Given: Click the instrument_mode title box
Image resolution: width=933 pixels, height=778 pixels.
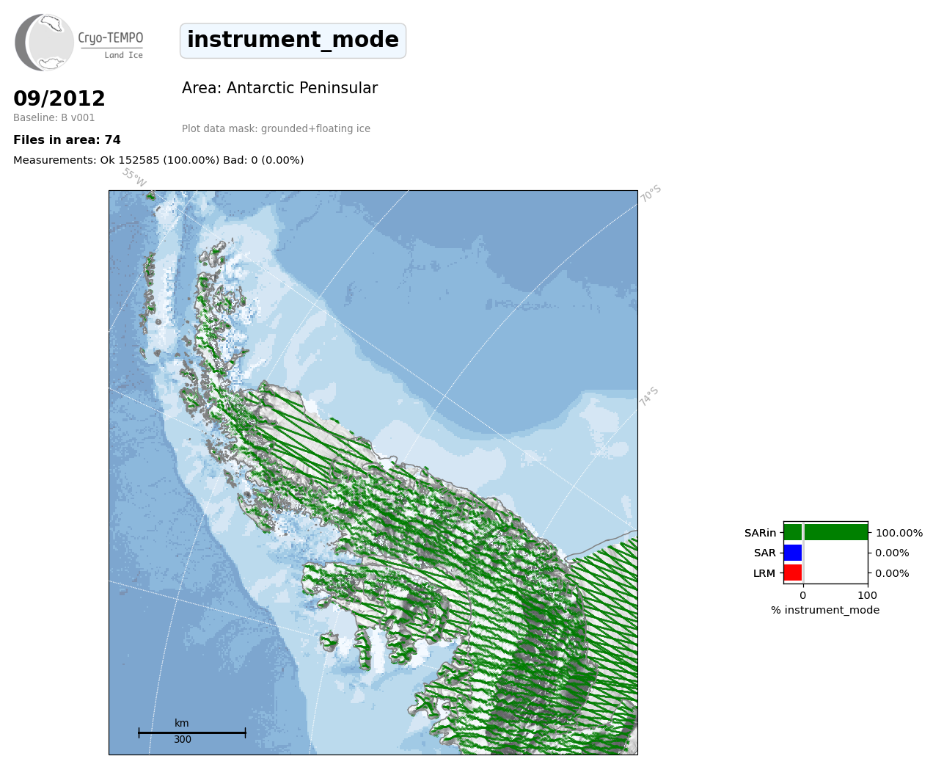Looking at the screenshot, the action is [x=293, y=40].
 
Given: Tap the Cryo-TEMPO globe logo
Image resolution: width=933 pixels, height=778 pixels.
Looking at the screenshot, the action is [x=44, y=42].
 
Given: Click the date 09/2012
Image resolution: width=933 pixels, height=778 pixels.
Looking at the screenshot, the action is [x=59, y=98].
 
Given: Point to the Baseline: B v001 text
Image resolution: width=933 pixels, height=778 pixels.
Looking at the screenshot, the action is [x=54, y=117].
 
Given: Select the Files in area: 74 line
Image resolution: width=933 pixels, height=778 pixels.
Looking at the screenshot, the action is [x=67, y=140].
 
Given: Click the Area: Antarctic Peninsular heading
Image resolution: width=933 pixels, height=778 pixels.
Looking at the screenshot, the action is [x=279, y=88].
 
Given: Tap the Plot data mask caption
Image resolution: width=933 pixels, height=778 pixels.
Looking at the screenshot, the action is [x=276, y=128].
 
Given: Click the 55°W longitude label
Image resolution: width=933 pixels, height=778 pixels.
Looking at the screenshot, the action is [x=134, y=178].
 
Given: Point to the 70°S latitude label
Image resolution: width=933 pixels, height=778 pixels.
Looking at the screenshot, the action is [x=651, y=194].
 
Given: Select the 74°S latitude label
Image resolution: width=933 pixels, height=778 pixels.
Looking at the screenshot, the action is [x=649, y=396].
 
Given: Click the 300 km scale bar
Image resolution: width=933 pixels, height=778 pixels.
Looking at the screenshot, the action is [x=192, y=732].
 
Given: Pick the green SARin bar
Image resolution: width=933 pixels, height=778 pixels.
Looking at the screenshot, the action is [x=826, y=533].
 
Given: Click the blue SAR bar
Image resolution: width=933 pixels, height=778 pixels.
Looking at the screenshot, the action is [x=793, y=553].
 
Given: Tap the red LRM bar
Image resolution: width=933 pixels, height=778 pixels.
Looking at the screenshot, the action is [x=793, y=572].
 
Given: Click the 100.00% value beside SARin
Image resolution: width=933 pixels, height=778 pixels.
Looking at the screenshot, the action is [x=899, y=533].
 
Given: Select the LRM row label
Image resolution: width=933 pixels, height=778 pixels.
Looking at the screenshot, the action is [x=764, y=573].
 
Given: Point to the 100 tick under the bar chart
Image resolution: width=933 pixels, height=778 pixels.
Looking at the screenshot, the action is [x=867, y=595].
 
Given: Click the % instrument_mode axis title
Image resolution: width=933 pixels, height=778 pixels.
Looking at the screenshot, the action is [x=825, y=611].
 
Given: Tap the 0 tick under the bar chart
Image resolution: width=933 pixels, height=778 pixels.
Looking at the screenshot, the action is [x=803, y=595].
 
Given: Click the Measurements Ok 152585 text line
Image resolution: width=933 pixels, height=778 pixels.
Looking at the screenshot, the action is [x=158, y=160].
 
